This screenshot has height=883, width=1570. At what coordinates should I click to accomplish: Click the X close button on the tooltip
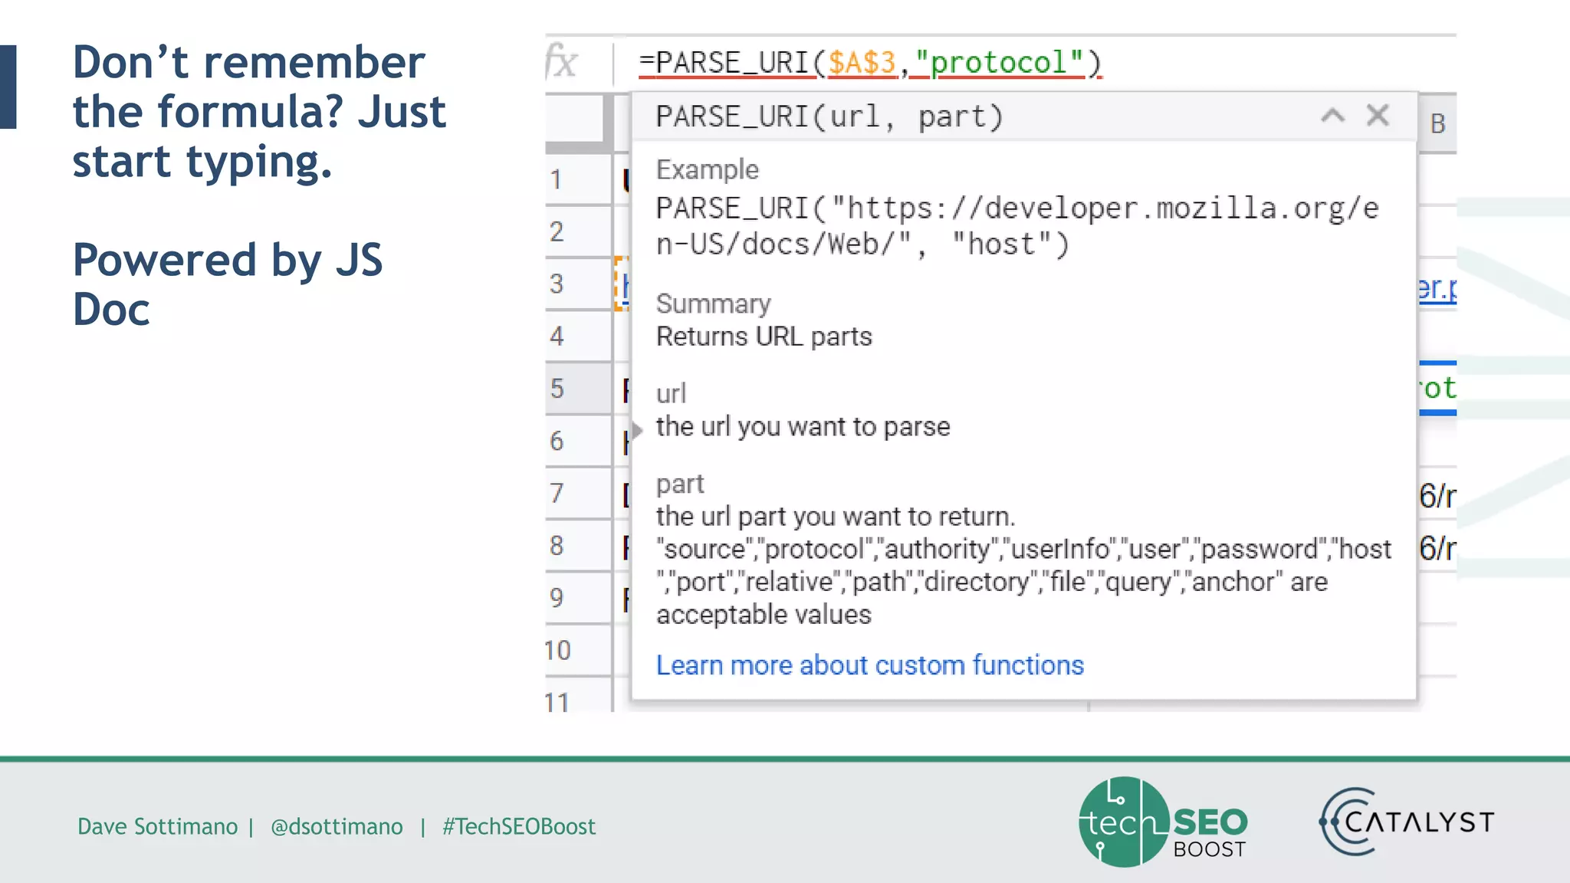[x=1378, y=116]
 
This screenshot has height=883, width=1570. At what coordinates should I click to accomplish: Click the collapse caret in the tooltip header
[x=1332, y=116]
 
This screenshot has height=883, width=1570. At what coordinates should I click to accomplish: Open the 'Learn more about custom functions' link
[x=869, y=665]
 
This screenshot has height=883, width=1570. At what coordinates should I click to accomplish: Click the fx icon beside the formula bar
[x=562, y=62]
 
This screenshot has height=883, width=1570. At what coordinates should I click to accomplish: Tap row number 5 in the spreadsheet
[x=557, y=389]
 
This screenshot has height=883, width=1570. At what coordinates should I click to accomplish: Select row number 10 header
[x=557, y=650]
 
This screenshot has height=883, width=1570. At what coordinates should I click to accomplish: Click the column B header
[x=1437, y=123]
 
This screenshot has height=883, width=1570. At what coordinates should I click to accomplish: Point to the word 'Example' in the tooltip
[x=707, y=169]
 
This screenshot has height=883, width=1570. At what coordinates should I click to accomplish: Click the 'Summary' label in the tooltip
[x=713, y=304]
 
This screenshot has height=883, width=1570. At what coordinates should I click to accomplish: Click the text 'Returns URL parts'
[x=764, y=336]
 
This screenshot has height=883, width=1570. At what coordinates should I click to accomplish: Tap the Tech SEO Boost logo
[x=1162, y=822]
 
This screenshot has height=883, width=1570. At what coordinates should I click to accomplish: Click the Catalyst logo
[x=1406, y=822]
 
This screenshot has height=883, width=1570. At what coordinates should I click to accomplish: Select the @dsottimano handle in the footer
[x=337, y=826]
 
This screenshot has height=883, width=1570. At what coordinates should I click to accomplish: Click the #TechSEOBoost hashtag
[x=518, y=826]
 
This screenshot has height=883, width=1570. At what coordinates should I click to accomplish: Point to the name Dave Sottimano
[x=157, y=826]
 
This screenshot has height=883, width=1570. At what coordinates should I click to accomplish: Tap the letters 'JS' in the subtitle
[x=358, y=260]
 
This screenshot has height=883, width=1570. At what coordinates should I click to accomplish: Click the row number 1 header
[x=556, y=180]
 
